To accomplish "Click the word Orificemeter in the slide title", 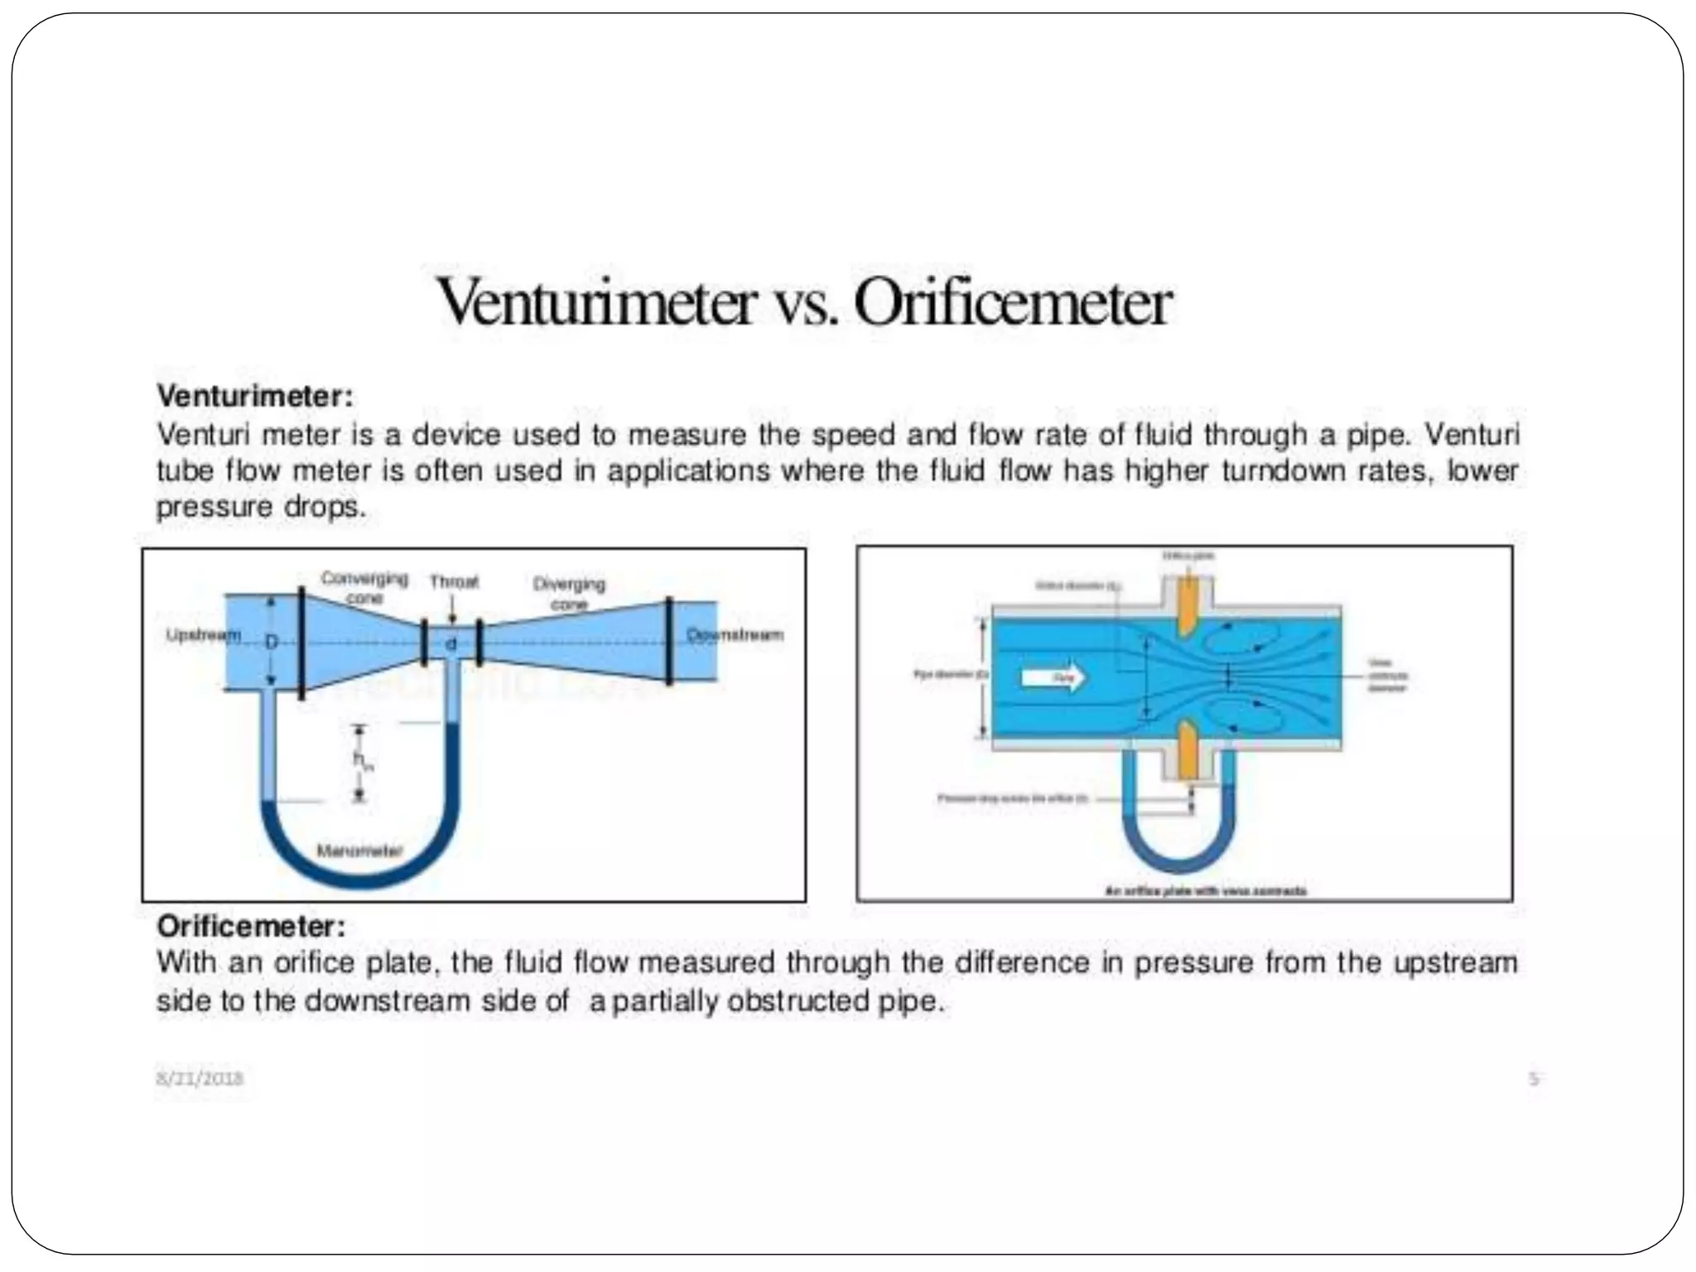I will pyautogui.click(x=1012, y=305).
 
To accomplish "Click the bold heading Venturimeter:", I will pyautogui.click(x=255, y=396).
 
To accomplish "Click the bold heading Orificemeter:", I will pyautogui.click(x=251, y=925).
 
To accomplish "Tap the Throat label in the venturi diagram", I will pyautogui.click(x=454, y=581).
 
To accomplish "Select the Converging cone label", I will pyautogui.click(x=364, y=586).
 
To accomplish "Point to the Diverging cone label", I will pyautogui.click(x=569, y=592).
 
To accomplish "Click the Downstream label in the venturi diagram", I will pyautogui.click(x=735, y=635).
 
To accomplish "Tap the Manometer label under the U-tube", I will pyautogui.click(x=359, y=850).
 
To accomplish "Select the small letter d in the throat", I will pyautogui.click(x=451, y=643).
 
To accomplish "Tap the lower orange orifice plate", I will pyautogui.click(x=1188, y=750).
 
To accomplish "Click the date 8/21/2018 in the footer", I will pyautogui.click(x=200, y=1078).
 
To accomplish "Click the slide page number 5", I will pyautogui.click(x=1534, y=1078).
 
